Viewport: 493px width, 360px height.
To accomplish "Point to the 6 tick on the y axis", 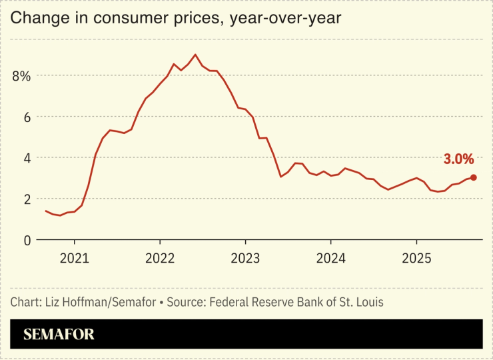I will coord(27,117).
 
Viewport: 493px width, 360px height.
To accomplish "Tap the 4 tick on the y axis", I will coord(27,158).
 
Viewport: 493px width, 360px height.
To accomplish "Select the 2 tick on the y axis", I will coord(27,199).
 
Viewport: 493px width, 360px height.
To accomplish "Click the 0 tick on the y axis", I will coord(27,240).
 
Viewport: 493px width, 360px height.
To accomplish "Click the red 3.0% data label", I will coord(458,159).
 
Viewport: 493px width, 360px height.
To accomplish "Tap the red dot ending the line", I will coord(473,177).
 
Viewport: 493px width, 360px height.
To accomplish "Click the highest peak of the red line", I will coord(195,55).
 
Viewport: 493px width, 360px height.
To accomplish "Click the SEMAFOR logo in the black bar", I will coord(59,335).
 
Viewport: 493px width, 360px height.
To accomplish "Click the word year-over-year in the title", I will coord(285,19).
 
